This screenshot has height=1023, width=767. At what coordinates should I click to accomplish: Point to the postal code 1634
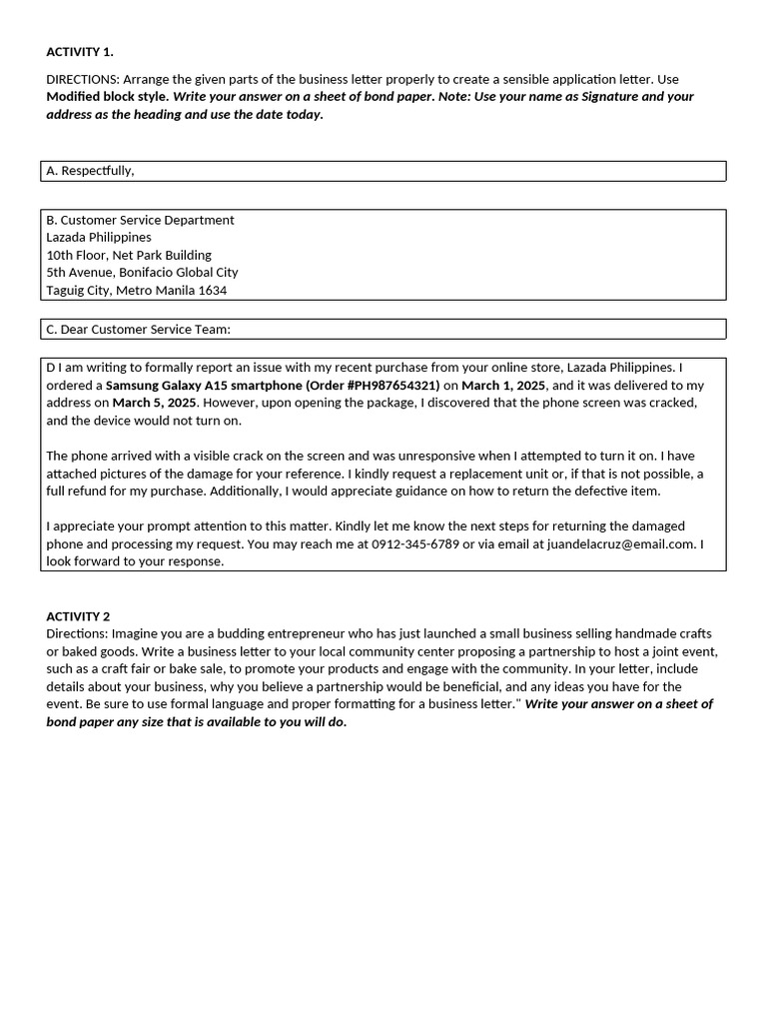point(212,291)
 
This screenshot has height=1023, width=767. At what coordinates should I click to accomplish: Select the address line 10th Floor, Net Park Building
point(129,255)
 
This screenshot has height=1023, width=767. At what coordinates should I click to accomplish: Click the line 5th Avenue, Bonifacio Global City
point(142,273)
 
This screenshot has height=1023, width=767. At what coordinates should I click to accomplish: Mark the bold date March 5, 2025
point(155,403)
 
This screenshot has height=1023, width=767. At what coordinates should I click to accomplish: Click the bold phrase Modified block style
point(107,97)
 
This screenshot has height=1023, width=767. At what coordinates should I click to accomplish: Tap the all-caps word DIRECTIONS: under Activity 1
point(83,79)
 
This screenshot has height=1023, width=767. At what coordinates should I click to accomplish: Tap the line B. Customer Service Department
point(140,220)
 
